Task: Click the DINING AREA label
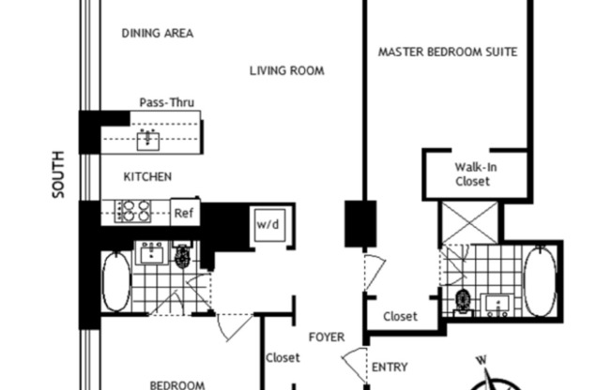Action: tap(158, 33)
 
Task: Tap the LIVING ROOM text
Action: tap(287, 70)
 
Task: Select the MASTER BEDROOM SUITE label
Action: tap(448, 52)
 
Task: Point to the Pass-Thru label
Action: tap(166, 102)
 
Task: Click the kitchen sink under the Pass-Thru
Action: tap(147, 141)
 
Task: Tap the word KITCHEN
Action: tap(148, 176)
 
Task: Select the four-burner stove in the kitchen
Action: tap(132, 212)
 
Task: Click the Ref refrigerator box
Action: tap(183, 213)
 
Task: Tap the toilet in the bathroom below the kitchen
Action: tap(182, 257)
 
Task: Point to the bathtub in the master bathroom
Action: tap(541, 281)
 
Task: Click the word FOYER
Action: tap(327, 337)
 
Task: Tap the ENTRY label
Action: tap(390, 367)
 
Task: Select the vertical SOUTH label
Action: tap(58, 174)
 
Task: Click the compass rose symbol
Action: tap(495, 378)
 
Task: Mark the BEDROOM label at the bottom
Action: tap(178, 383)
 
